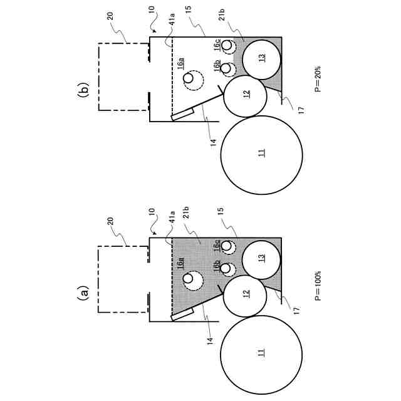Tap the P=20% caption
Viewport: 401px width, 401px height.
pyautogui.click(x=318, y=80)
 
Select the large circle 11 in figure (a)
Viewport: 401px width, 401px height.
pyautogui.click(x=261, y=353)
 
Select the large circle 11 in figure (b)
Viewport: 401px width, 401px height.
pyautogui.click(x=261, y=152)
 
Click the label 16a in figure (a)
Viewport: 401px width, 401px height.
pyautogui.click(x=180, y=264)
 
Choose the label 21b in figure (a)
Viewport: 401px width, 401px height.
pyautogui.click(x=187, y=222)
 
